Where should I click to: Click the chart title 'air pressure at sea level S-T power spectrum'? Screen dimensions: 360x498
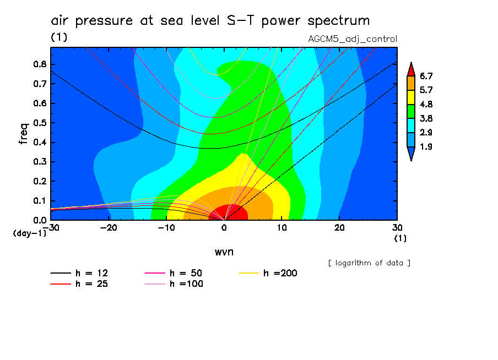coord(210,21)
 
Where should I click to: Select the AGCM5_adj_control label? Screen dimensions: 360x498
coord(353,39)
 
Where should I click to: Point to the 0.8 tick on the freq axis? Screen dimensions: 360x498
coord(39,64)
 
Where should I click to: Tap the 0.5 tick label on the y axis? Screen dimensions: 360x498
coord(39,123)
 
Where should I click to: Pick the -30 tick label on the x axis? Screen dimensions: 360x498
coord(51,227)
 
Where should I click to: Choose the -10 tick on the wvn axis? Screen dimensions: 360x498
coord(166,227)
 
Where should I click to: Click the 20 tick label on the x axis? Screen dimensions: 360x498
coord(339,227)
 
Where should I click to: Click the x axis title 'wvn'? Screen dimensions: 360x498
coord(223,251)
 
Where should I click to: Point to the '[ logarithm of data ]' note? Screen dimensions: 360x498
coord(369,263)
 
